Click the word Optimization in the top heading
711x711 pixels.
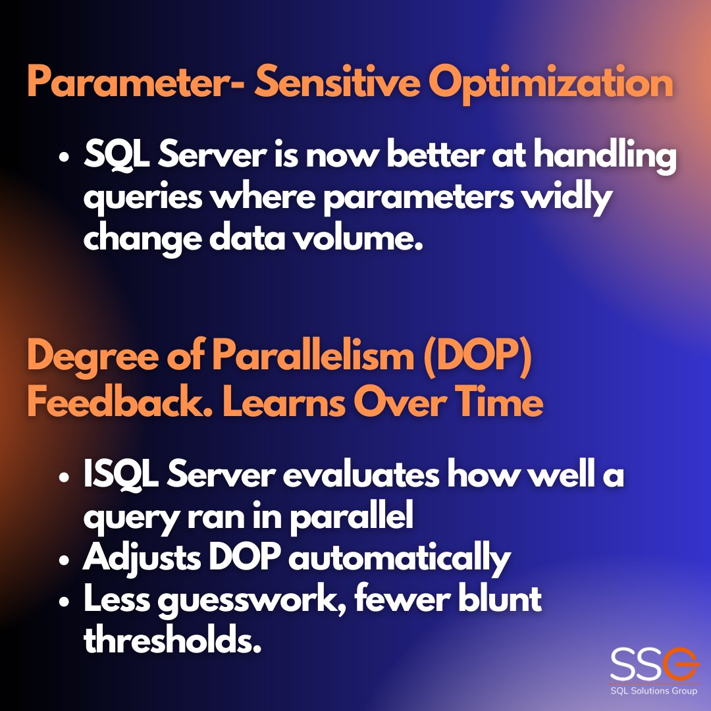(551, 84)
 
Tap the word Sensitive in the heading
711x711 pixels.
(337, 81)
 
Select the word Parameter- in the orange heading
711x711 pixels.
(136, 82)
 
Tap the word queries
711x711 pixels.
(143, 199)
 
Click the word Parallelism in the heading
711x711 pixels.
(313, 355)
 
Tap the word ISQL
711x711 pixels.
(121, 473)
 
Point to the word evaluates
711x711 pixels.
(361, 475)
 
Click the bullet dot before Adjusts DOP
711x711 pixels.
(64, 560)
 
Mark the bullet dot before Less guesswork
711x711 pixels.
(64, 602)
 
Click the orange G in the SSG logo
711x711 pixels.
(679, 664)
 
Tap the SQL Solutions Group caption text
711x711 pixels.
(654, 691)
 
